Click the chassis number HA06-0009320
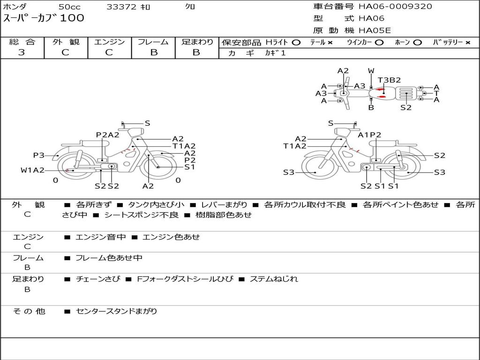[x=395, y=6]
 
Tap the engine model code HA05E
[x=375, y=30]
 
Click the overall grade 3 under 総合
[x=22, y=52]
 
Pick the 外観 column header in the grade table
[x=66, y=42]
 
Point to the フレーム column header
[x=153, y=42]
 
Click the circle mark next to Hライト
[x=296, y=43]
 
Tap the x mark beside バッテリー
[x=468, y=43]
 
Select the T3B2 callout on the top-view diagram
[x=389, y=80]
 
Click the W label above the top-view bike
[x=371, y=71]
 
